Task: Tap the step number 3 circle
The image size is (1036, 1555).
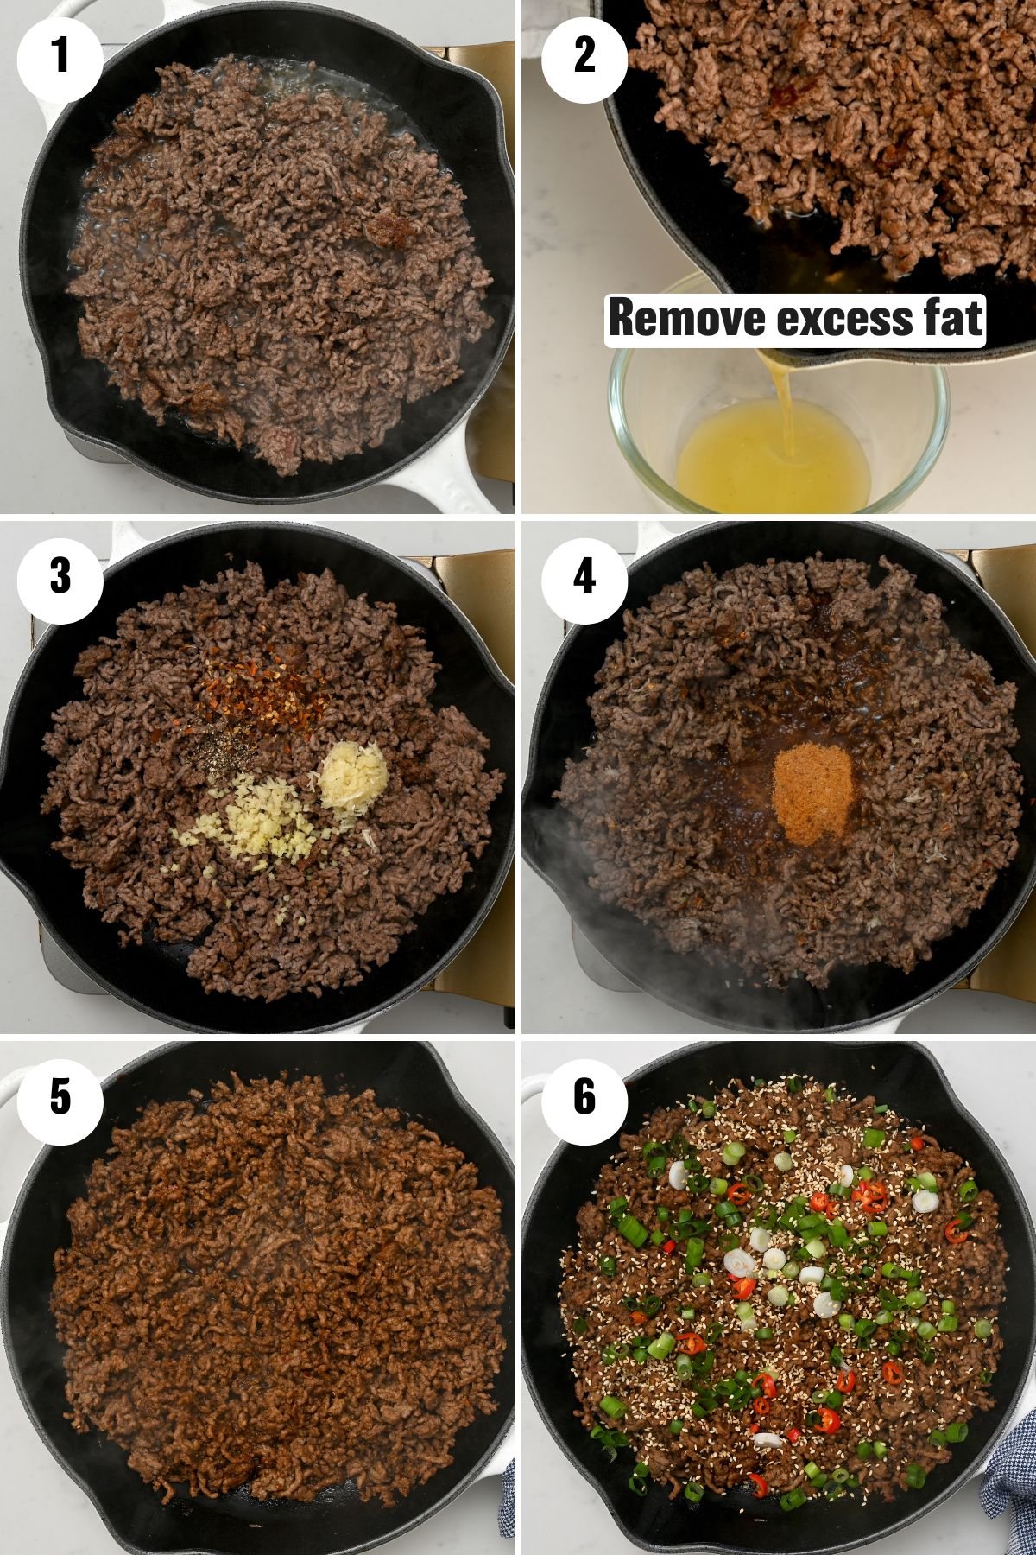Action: click(x=60, y=576)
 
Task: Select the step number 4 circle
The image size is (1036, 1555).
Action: click(x=584, y=576)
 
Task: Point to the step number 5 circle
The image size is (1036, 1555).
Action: click(x=60, y=1096)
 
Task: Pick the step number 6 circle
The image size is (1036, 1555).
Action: click(x=584, y=1096)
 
